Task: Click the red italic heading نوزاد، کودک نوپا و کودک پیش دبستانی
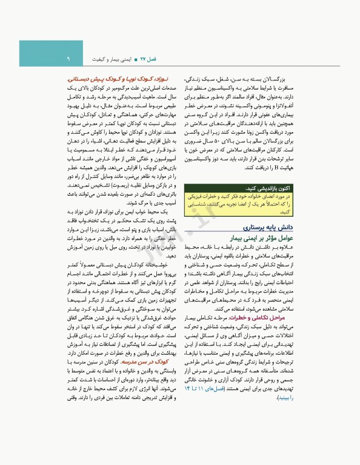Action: [x=124, y=80]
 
